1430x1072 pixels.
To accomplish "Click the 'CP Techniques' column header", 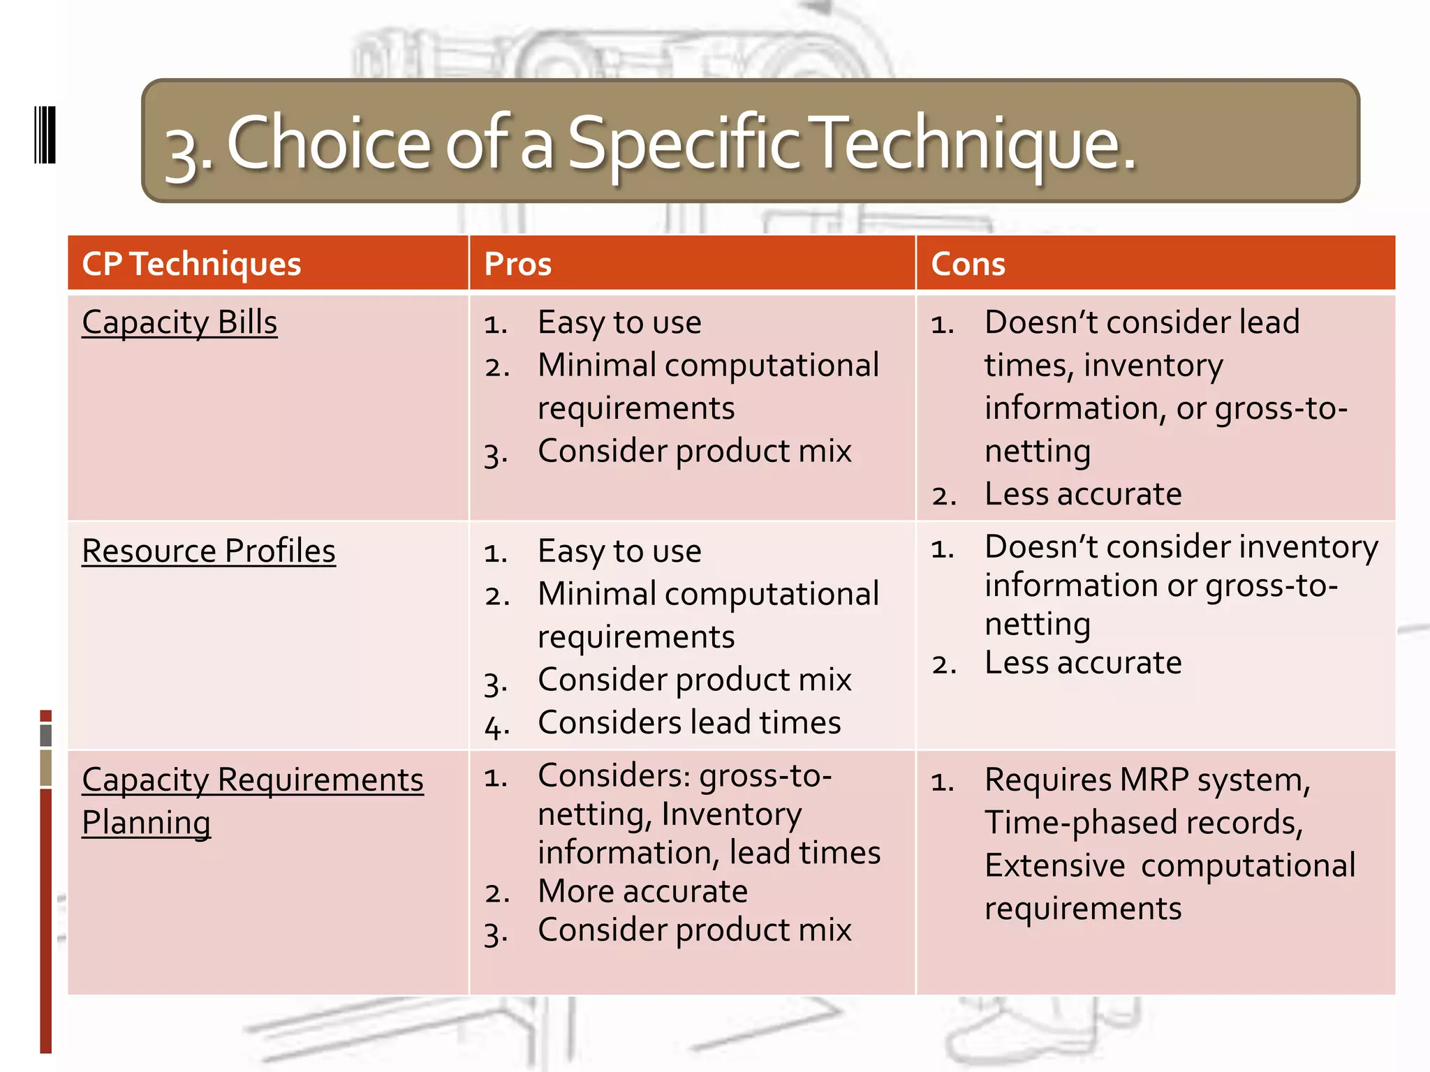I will (x=191, y=264).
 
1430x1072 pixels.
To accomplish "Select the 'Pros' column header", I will (x=517, y=264).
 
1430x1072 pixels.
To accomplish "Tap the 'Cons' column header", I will (x=968, y=264).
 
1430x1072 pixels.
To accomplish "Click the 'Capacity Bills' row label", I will (x=179, y=323).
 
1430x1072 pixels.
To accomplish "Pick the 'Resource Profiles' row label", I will (x=209, y=551).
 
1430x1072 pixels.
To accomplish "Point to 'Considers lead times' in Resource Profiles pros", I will (x=689, y=722).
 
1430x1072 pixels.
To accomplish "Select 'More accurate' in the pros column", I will (x=642, y=891).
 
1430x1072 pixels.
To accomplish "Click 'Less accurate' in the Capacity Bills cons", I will (x=1083, y=494).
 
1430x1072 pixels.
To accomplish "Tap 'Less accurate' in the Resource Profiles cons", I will (x=1083, y=662).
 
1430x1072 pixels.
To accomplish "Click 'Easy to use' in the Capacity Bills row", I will (x=619, y=322).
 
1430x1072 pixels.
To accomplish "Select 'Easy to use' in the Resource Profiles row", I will (x=619, y=551).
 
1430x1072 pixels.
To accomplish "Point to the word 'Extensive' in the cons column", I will (x=1054, y=866).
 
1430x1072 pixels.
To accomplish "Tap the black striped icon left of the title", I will (x=45, y=135).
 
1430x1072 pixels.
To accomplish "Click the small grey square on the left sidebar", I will (x=46, y=735).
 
